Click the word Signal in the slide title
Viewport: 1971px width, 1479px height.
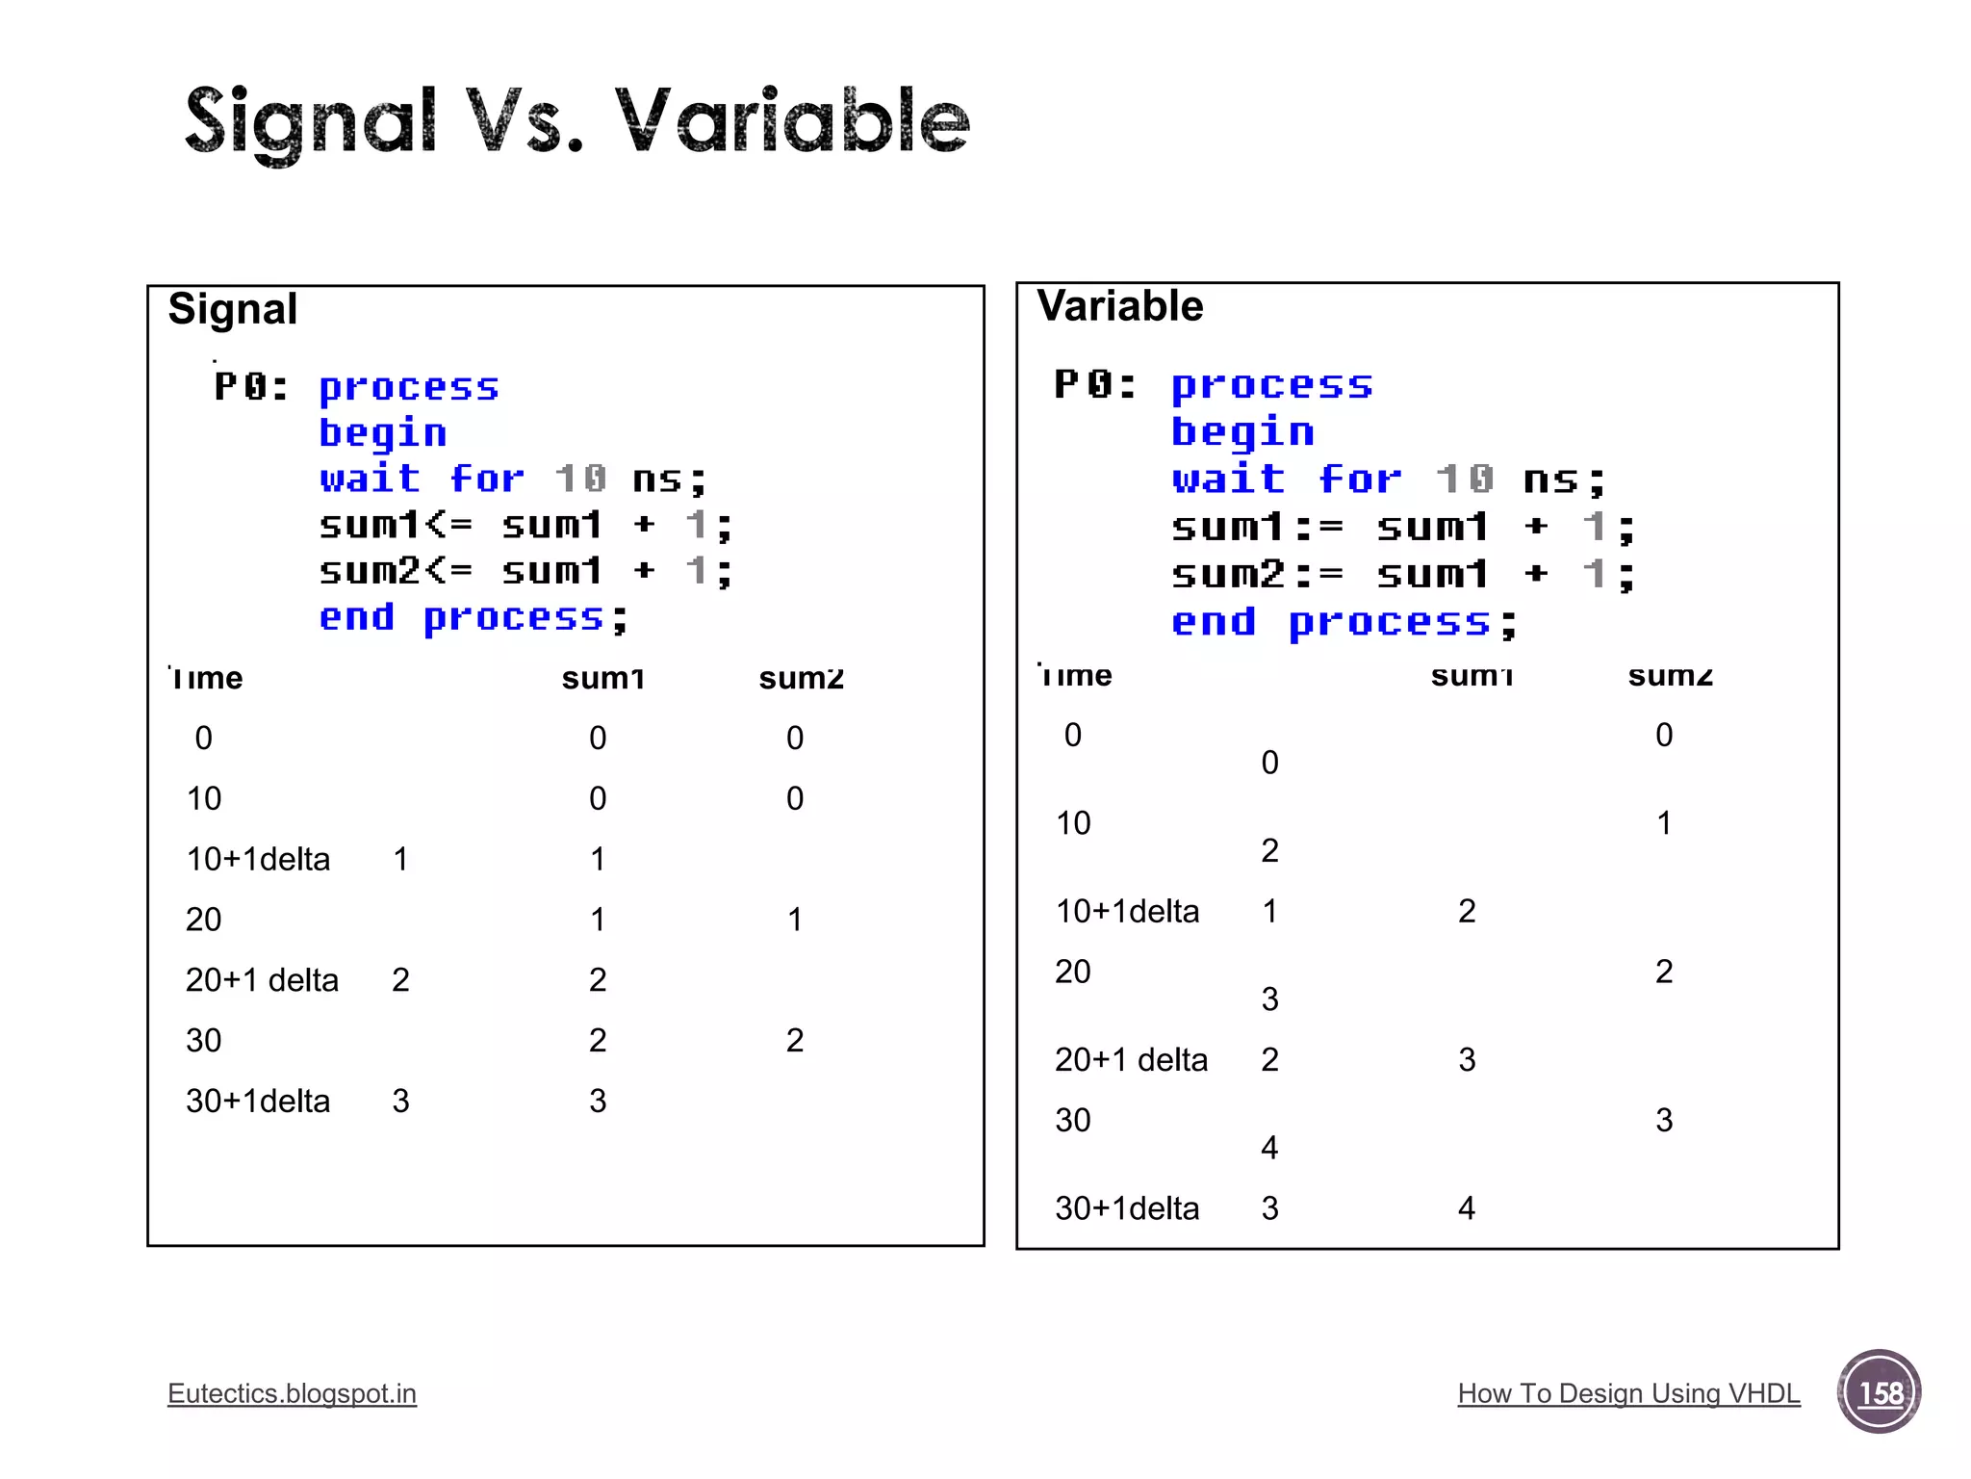pyautogui.click(x=310, y=122)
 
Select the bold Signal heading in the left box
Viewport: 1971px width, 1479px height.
pyautogui.click(x=232, y=309)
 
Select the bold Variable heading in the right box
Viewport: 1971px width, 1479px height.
pyautogui.click(x=1119, y=306)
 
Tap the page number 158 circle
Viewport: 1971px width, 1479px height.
pyautogui.click(x=1879, y=1391)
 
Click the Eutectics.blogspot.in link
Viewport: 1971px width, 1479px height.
pyautogui.click(x=292, y=1393)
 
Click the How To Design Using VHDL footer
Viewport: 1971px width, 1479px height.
pyautogui.click(x=1628, y=1393)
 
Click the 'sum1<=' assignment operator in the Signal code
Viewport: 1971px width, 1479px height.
pyautogui.click(x=396, y=525)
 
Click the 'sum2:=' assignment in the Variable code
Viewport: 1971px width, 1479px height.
pyautogui.click(x=1257, y=575)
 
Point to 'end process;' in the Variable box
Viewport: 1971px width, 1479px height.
pyautogui.click(x=1343, y=622)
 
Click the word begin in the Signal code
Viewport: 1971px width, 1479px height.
pyautogui.click(x=382, y=432)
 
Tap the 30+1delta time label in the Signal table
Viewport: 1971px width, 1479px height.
pyautogui.click(x=257, y=1101)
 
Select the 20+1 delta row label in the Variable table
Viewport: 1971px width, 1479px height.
pyautogui.click(x=1131, y=1059)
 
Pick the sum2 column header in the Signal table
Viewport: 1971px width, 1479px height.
pyautogui.click(x=801, y=678)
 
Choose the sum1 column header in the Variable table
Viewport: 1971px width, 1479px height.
pyautogui.click(x=1472, y=676)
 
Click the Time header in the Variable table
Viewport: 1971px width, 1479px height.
pyautogui.click(x=1075, y=675)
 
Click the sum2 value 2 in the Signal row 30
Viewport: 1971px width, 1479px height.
pyautogui.click(x=794, y=1040)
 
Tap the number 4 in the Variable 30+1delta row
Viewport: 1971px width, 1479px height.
pyautogui.click(x=1466, y=1207)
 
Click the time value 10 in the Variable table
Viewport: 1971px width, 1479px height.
pyautogui.click(x=1073, y=823)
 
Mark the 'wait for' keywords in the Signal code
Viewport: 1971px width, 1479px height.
pyautogui.click(x=422, y=479)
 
